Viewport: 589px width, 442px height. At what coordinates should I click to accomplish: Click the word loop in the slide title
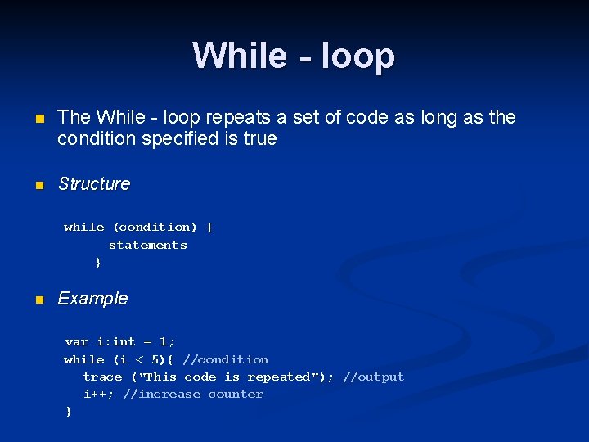[357, 56]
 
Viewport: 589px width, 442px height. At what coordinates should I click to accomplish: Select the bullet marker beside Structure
[38, 185]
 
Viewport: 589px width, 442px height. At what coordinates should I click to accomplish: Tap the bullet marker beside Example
[38, 300]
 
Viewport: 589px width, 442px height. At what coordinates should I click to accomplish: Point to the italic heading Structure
[94, 184]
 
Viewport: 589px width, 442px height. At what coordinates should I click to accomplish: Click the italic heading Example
[92, 299]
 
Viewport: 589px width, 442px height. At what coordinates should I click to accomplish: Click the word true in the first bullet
[260, 138]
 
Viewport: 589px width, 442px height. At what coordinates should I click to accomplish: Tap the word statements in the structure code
[147, 245]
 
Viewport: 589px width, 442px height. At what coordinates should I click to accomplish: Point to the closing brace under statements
[98, 263]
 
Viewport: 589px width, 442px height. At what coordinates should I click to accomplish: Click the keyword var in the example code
[77, 341]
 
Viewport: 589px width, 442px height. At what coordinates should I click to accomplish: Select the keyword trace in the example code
[103, 377]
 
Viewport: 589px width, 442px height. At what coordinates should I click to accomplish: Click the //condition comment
[226, 359]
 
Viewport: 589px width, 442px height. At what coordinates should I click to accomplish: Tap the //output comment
[374, 377]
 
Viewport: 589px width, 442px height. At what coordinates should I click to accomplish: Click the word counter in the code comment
[236, 394]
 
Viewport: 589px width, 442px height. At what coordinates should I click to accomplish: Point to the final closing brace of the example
[69, 412]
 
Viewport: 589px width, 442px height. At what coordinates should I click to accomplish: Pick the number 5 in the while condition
[156, 359]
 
